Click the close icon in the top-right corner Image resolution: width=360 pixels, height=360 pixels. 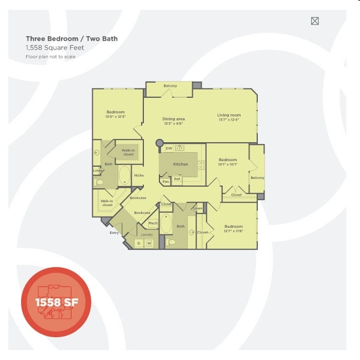click(x=315, y=21)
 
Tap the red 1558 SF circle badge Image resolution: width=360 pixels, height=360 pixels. click(x=56, y=302)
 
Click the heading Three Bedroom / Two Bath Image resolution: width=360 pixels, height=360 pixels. click(x=72, y=39)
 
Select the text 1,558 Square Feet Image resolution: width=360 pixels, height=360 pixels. click(x=54, y=48)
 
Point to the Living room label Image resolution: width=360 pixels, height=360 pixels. click(x=228, y=115)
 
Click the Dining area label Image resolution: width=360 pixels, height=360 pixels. click(x=173, y=119)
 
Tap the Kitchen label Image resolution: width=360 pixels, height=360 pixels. click(x=181, y=164)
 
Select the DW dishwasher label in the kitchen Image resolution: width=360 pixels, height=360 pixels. click(x=168, y=148)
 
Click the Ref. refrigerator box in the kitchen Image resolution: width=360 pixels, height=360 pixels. click(x=177, y=179)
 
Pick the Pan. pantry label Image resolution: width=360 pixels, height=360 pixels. click(x=165, y=182)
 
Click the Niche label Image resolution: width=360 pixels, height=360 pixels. click(x=139, y=176)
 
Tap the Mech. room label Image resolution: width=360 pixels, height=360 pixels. click(x=153, y=223)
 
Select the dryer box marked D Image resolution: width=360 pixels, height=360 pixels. click(x=139, y=243)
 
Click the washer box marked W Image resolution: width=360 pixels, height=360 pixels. click(x=149, y=243)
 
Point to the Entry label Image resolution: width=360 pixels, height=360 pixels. click(x=114, y=233)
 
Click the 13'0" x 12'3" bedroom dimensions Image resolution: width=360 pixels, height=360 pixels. click(x=116, y=117)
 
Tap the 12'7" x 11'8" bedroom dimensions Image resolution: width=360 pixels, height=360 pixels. click(x=233, y=231)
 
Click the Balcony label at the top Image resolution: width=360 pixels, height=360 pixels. click(x=170, y=86)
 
